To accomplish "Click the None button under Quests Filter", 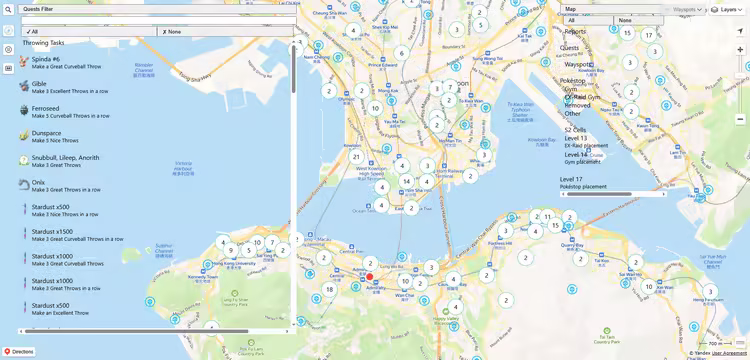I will coord(226,32).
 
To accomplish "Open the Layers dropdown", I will coord(728,9).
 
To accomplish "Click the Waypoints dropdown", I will coord(687,9).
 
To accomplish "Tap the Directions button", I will coord(19,351).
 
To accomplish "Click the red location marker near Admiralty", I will coord(369,277).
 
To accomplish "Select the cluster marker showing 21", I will coord(356,157).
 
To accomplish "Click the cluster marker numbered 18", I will coord(329,290).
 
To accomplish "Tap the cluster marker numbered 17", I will coord(649,35).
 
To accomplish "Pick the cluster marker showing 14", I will coord(406,182).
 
